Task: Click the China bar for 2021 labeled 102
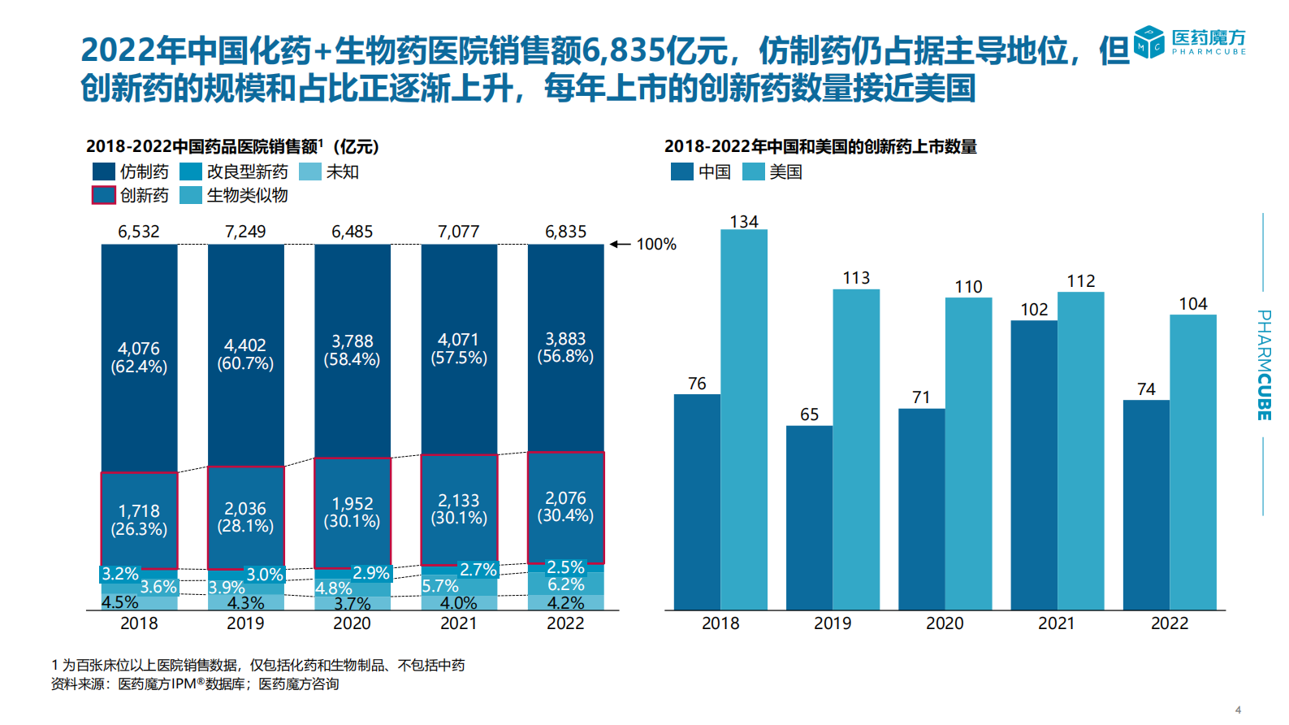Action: pyautogui.click(x=1033, y=465)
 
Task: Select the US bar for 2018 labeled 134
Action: pyautogui.click(x=743, y=419)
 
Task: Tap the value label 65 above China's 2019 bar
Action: pyautogui.click(x=809, y=415)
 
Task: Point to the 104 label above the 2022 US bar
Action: pyautogui.click(x=1192, y=304)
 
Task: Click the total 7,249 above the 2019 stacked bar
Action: pyautogui.click(x=245, y=232)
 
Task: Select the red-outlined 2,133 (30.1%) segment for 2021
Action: pyautogui.click(x=459, y=510)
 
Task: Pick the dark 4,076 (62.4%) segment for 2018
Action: pyautogui.click(x=139, y=358)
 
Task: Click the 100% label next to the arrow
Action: pyautogui.click(x=655, y=245)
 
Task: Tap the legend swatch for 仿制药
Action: pyautogui.click(x=103, y=171)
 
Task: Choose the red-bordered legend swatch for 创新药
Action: pyautogui.click(x=103, y=195)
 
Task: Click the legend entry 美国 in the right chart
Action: pyautogui.click(x=785, y=171)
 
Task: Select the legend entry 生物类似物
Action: pyautogui.click(x=247, y=195)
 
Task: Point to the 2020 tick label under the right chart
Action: pyautogui.click(x=945, y=623)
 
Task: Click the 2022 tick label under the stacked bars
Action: pyautogui.click(x=565, y=623)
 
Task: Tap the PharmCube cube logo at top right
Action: pyautogui.click(x=1149, y=42)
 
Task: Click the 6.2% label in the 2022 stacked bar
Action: pyautogui.click(x=565, y=584)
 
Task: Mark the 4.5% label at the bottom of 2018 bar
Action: pyautogui.click(x=119, y=602)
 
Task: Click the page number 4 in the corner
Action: pyautogui.click(x=1238, y=710)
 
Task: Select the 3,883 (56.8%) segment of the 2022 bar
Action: pyautogui.click(x=565, y=348)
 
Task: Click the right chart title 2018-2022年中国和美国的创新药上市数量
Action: pyautogui.click(x=820, y=146)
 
